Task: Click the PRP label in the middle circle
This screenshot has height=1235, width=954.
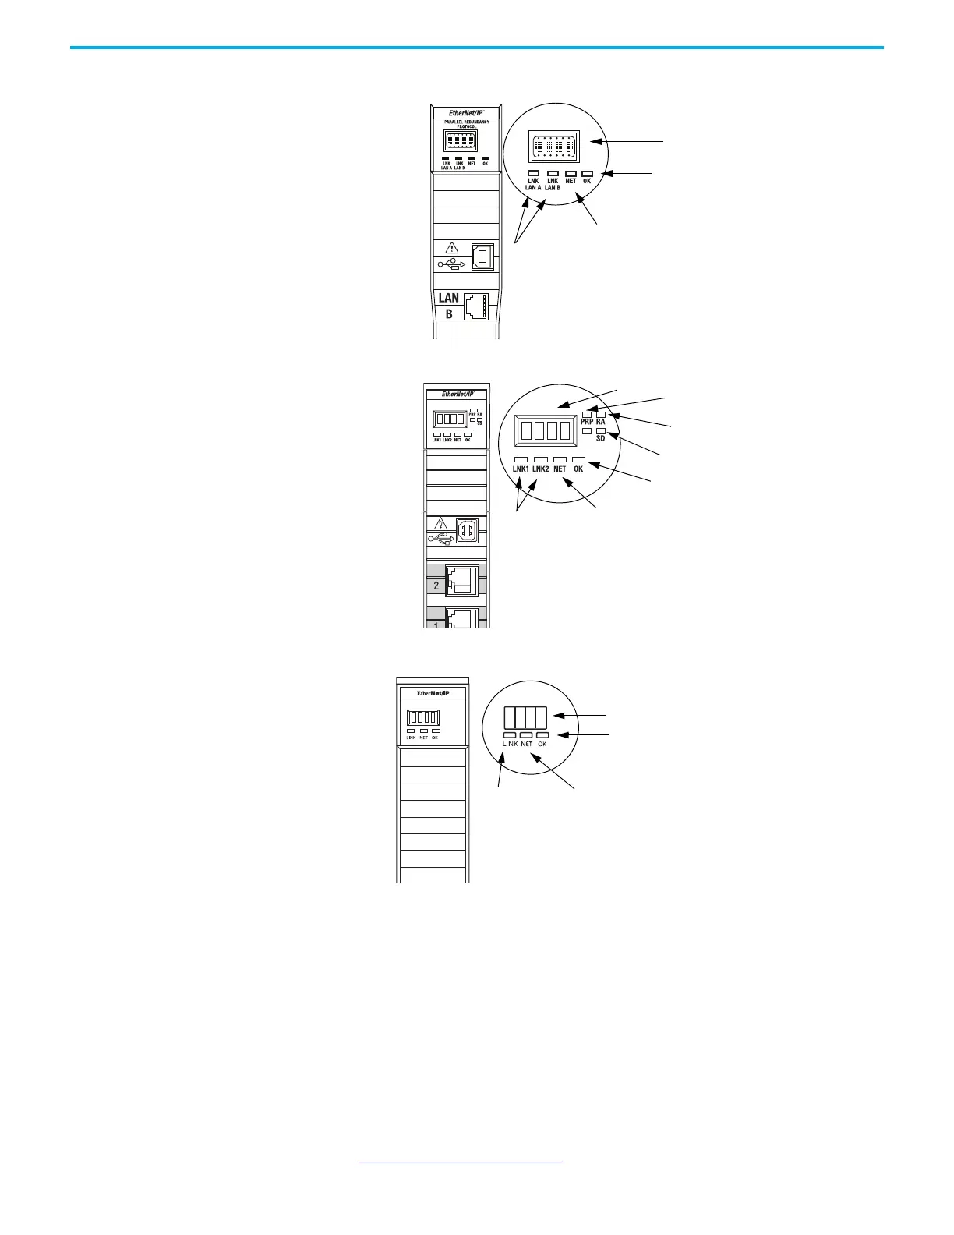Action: (586, 422)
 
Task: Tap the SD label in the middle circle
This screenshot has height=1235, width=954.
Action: (601, 438)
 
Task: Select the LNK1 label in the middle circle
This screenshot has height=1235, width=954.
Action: (521, 469)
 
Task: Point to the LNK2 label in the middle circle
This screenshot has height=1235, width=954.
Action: (541, 469)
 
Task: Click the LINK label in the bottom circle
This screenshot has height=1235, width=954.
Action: (510, 744)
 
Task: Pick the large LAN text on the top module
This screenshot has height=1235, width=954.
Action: (449, 298)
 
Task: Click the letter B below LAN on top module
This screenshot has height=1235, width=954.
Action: (449, 315)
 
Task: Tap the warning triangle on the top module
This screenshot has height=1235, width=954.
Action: (452, 249)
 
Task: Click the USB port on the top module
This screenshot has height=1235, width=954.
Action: (483, 256)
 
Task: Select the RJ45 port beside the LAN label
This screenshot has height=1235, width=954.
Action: (475, 306)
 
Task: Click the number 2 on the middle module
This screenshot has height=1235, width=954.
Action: (436, 586)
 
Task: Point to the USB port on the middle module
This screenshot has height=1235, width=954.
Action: (467, 531)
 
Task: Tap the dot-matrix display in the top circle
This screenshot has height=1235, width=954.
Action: (553, 146)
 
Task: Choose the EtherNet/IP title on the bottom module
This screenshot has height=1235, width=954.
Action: (433, 693)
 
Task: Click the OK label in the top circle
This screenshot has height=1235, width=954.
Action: (587, 182)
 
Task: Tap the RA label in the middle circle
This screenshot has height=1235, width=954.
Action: (601, 422)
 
